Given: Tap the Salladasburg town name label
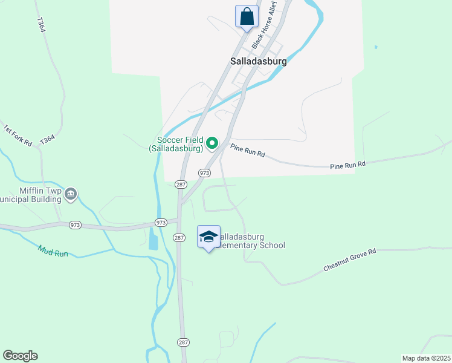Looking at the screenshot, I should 258,61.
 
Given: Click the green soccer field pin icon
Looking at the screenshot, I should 211,143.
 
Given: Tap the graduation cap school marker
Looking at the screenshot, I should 208,237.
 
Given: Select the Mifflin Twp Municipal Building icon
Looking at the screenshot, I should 71,194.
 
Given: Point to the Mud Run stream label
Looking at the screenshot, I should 53,250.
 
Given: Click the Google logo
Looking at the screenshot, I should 20,356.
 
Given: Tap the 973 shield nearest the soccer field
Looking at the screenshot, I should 204,173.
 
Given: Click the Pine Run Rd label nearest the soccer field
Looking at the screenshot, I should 248,151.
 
